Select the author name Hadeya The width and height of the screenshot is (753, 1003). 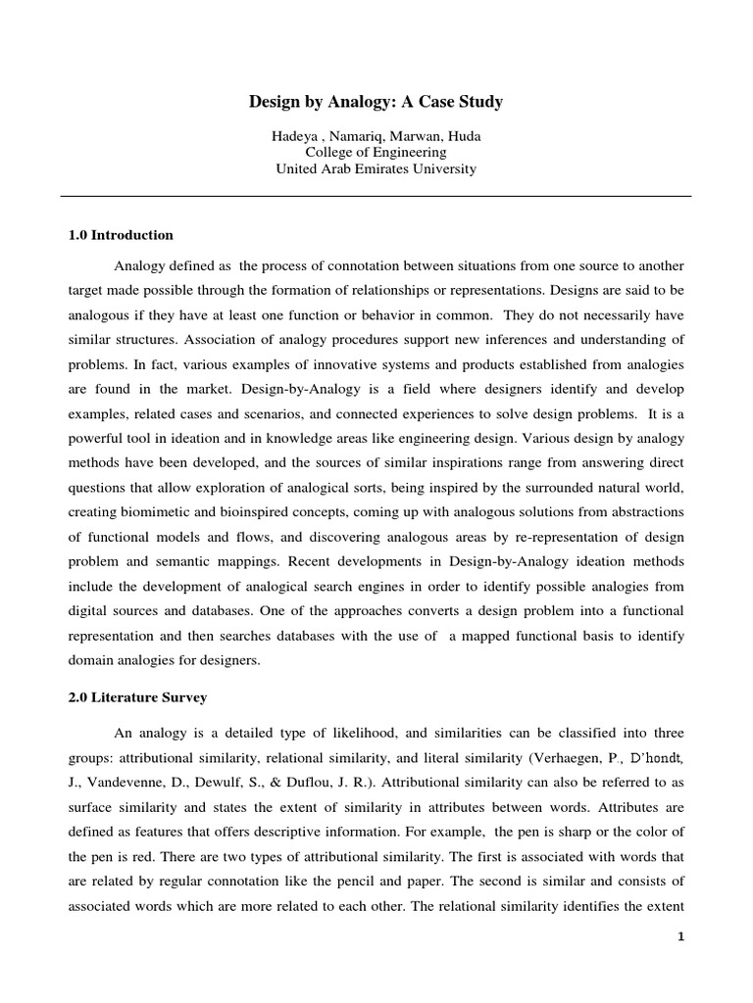point(295,135)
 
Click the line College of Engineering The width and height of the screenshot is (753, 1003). point(376,152)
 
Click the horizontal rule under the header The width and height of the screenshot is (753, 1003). point(376,196)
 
